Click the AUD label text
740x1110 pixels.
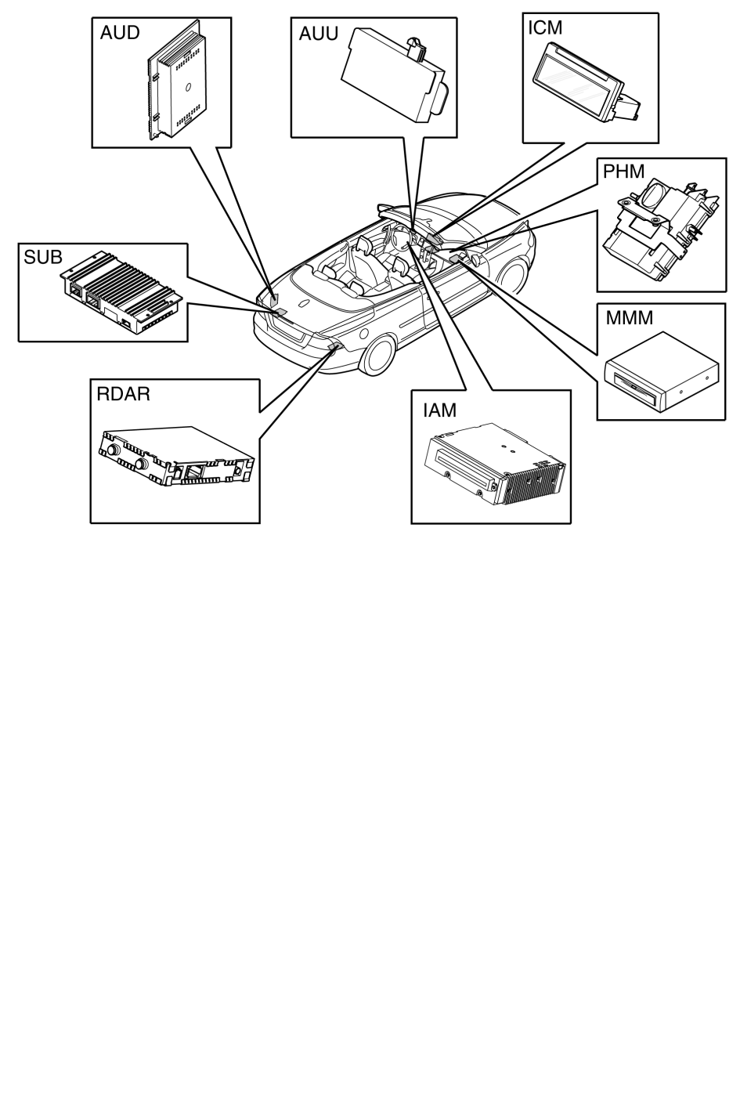pyautogui.click(x=120, y=33)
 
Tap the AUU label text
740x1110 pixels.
pyautogui.click(x=318, y=34)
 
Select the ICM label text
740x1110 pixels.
pyautogui.click(x=545, y=28)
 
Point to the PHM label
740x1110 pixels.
pyautogui.click(x=624, y=172)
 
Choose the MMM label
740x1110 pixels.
pyautogui.click(x=629, y=318)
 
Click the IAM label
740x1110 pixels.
pyautogui.click(x=439, y=410)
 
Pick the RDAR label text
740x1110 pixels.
pyautogui.click(x=123, y=394)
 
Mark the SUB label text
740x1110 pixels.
pyautogui.click(x=43, y=257)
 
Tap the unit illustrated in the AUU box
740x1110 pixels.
pyautogui.click(x=395, y=77)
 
